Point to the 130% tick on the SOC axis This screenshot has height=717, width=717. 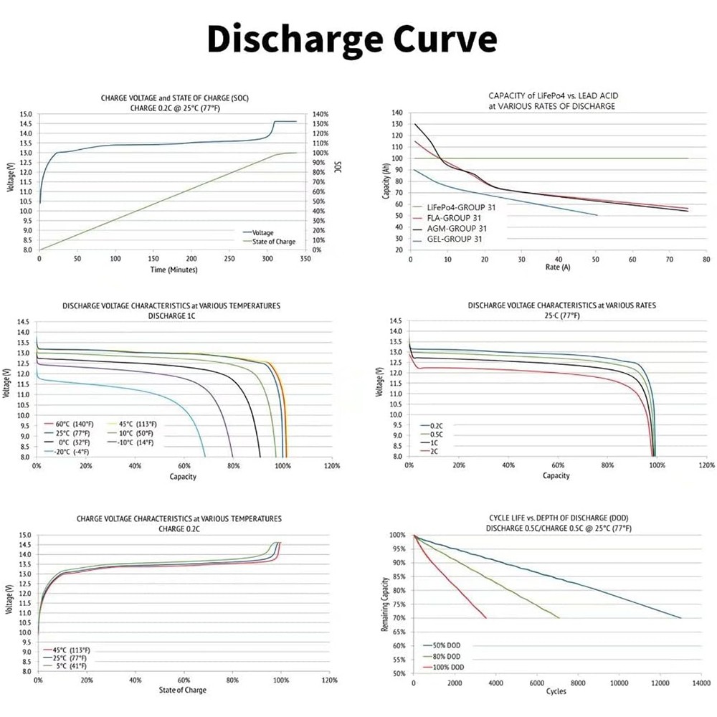(320, 124)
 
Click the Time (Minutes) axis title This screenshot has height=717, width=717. (173, 270)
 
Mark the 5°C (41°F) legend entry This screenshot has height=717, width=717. (71, 665)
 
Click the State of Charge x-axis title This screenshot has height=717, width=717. (183, 690)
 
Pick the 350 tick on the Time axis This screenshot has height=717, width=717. (305, 258)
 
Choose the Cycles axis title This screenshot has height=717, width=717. (556, 691)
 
